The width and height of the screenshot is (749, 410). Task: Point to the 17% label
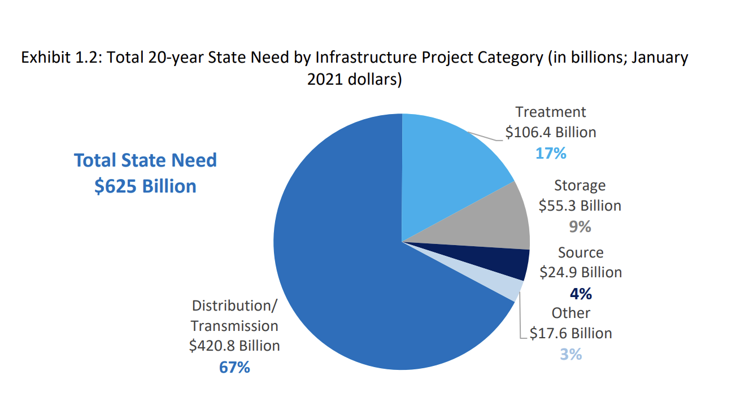click(x=551, y=153)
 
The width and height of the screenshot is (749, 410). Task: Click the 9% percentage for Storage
click(x=580, y=226)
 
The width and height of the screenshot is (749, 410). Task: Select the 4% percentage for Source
click(x=581, y=293)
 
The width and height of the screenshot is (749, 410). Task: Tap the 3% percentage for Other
click(x=571, y=354)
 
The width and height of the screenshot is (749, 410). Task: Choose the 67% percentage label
click(x=234, y=367)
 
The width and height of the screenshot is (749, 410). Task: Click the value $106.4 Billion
click(x=551, y=133)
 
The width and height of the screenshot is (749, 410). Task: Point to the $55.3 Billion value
click(x=580, y=206)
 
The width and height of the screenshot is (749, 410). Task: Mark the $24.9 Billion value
click(x=581, y=272)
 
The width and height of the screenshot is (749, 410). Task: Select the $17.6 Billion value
click(x=571, y=333)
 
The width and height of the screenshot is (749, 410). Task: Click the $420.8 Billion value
click(x=234, y=346)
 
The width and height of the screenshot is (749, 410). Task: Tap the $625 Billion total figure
click(x=145, y=186)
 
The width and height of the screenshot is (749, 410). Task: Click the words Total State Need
click(x=145, y=160)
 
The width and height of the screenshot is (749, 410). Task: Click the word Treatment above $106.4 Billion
click(x=551, y=112)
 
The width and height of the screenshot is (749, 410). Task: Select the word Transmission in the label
click(x=234, y=326)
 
